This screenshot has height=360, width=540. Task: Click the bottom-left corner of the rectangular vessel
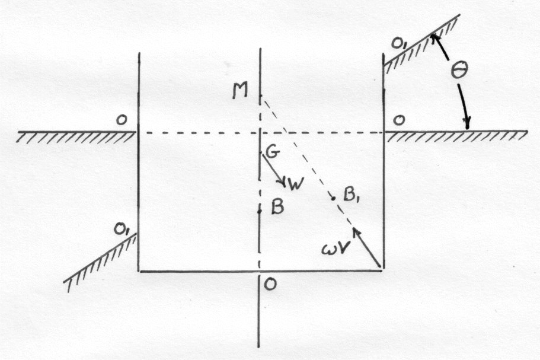click(x=139, y=271)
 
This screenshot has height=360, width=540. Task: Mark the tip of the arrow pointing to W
click(x=286, y=186)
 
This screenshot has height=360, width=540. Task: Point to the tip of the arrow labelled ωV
click(x=353, y=228)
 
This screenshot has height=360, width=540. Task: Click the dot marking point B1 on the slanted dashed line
click(x=333, y=197)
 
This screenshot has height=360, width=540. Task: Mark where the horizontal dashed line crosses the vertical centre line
click(x=260, y=132)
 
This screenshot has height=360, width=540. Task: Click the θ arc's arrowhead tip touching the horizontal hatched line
click(x=467, y=129)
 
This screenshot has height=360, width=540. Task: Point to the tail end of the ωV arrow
click(x=380, y=267)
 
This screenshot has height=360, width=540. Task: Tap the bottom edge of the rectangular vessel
click(x=260, y=272)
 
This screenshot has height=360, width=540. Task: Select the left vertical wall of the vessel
click(x=139, y=162)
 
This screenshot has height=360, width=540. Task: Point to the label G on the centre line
click(x=272, y=152)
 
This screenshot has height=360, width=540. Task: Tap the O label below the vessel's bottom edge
click(x=271, y=285)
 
